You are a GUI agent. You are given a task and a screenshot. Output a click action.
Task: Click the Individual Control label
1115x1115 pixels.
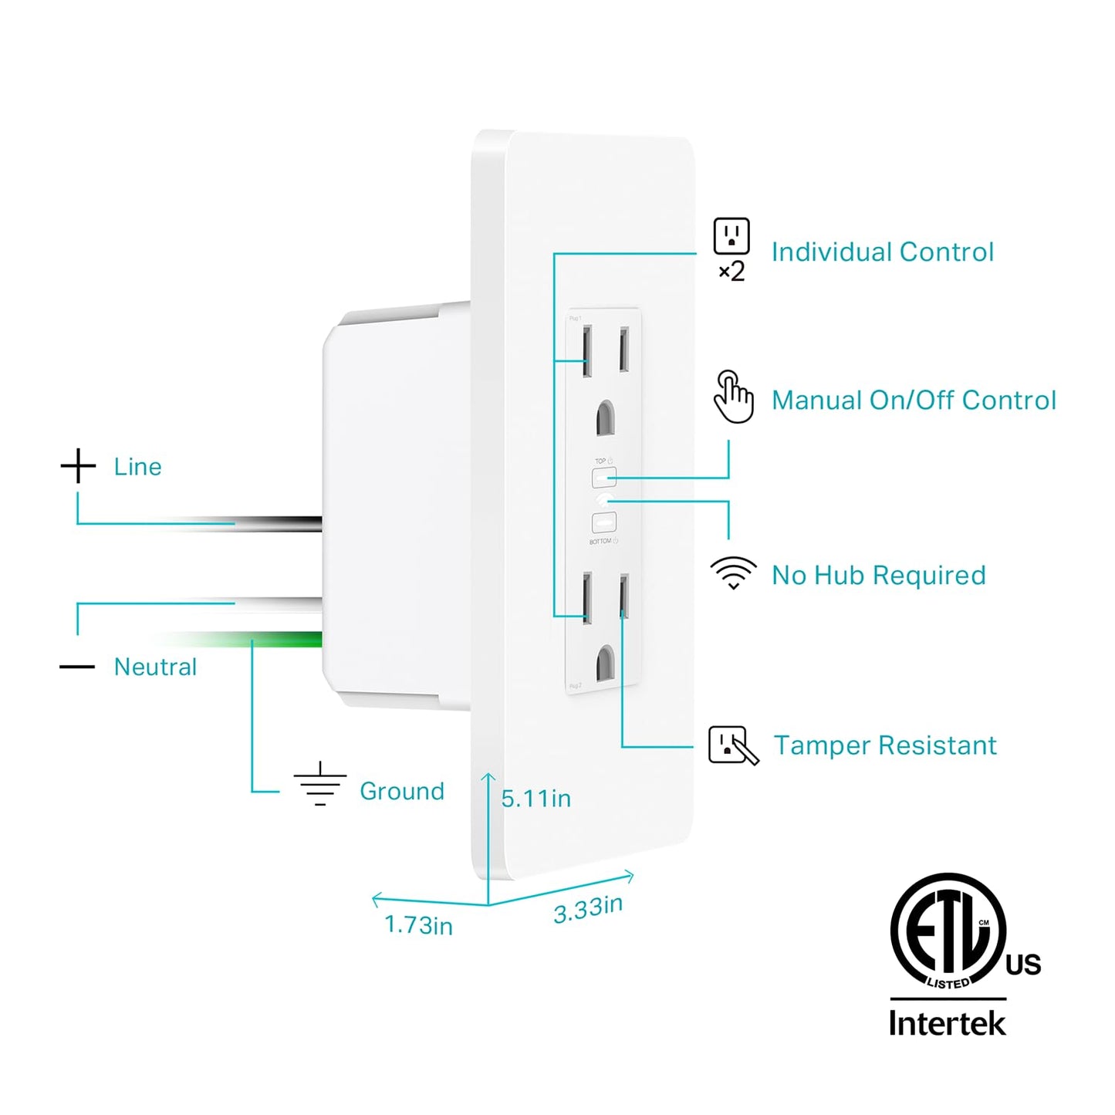tap(882, 252)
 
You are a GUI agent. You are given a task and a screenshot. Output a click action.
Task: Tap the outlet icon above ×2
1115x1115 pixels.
tap(731, 236)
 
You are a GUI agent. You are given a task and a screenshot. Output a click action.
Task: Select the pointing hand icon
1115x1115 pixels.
tap(733, 397)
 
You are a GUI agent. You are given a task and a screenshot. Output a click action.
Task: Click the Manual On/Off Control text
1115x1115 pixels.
tap(914, 400)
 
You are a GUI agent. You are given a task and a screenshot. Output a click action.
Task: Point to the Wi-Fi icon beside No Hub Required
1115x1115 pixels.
tap(733, 573)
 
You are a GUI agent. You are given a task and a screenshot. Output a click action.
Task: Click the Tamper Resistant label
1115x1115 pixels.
tap(884, 745)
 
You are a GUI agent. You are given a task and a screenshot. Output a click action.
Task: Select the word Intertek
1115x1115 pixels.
tap(947, 1023)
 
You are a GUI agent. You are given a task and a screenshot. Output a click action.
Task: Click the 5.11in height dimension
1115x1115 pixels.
tap(536, 799)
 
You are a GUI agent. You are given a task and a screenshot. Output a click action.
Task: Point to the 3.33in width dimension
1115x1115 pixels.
tap(588, 909)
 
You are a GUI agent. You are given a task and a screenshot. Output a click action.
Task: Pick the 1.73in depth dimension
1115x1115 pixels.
tap(418, 924)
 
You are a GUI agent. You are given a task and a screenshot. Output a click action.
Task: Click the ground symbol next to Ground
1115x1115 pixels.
tap(320, 784)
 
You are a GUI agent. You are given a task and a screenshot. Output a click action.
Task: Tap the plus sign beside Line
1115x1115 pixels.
tap(78, 466)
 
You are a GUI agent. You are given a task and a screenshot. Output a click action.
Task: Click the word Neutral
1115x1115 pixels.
tap(155, 667)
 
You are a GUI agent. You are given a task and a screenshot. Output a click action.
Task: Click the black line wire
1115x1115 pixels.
tap(293, 524)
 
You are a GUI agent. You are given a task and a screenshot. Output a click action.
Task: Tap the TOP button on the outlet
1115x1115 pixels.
tap(604, 478)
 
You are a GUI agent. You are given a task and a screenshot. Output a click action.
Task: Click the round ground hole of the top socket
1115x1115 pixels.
tap(606, 417)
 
